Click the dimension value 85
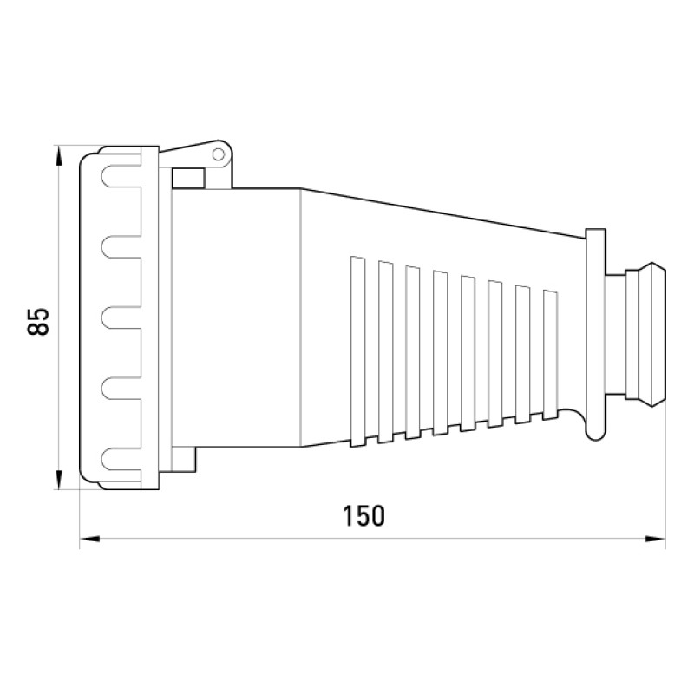point(37,321)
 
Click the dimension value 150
point(363,515)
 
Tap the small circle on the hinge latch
point(219,154)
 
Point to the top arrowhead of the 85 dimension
point(58,156)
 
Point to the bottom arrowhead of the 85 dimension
point(58,480)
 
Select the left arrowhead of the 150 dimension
point(90,539)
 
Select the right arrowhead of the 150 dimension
point(655,539)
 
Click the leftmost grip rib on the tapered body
point(358,352)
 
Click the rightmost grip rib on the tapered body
point(550,355)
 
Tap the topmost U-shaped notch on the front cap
point(121,176)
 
